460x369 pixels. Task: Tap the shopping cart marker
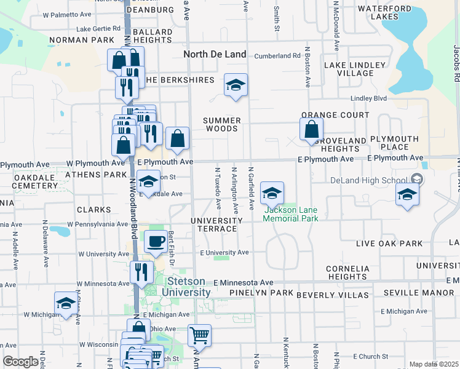coord(199,335)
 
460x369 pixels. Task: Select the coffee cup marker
coord(156,241)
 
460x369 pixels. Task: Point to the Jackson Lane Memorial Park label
coord(291,214)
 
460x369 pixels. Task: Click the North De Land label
coord(215,54)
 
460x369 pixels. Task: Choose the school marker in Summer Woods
coord(235,85)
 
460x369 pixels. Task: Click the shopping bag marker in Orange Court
coord(312,129)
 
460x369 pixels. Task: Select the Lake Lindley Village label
coord(356,69)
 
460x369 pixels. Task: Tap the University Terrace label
coord(214,224)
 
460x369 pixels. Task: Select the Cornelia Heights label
coord(347,272)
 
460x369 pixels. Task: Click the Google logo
coord(20,362)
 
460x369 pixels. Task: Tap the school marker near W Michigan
coord(65,303)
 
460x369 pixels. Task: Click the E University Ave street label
coord(224,253)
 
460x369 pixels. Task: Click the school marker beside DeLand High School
coord(406,195)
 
